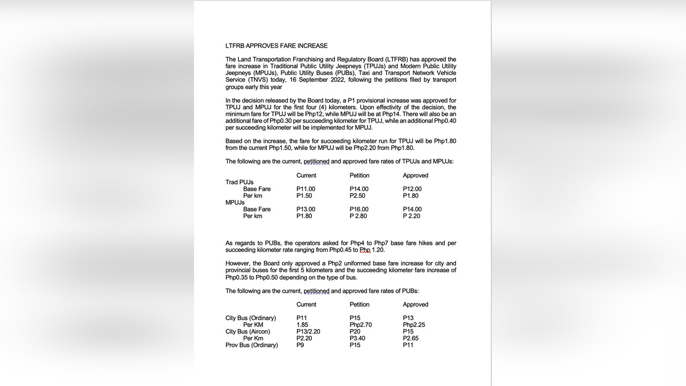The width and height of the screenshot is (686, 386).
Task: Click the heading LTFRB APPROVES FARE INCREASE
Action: point(276,46)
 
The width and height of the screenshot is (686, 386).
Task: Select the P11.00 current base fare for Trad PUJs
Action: point(305,189)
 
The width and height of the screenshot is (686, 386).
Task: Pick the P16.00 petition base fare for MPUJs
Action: point(359,210)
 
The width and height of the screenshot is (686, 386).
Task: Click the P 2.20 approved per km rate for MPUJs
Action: point(412,216)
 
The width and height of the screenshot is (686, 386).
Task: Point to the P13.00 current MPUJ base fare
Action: point(305,210)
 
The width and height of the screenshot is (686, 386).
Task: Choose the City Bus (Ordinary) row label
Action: point(251,318)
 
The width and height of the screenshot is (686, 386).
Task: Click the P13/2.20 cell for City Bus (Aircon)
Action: point(308,332)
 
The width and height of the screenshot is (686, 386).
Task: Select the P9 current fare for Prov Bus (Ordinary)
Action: point(301,345)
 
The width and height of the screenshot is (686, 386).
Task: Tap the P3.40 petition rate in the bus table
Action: point(358,339)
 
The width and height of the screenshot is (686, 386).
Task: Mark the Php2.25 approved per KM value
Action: point(414,325)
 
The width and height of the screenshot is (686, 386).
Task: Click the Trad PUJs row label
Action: point(239,182)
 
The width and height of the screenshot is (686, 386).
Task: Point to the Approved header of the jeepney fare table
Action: point(415,176)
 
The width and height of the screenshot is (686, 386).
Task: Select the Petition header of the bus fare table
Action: point(359,305)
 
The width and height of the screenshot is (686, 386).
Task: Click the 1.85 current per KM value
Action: point(302,325)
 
